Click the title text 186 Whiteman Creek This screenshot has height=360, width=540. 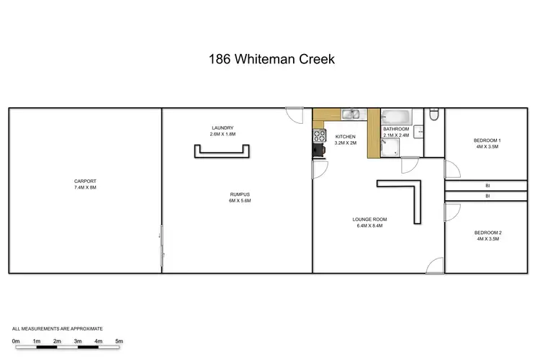click(269, 58)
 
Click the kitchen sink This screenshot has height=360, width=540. click(351, 114)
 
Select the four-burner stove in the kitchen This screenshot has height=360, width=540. click(318, 136)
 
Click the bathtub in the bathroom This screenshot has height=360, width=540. click(395, 116)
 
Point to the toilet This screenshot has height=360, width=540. click(433, 115)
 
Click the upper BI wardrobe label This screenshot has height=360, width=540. click(487, 186)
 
